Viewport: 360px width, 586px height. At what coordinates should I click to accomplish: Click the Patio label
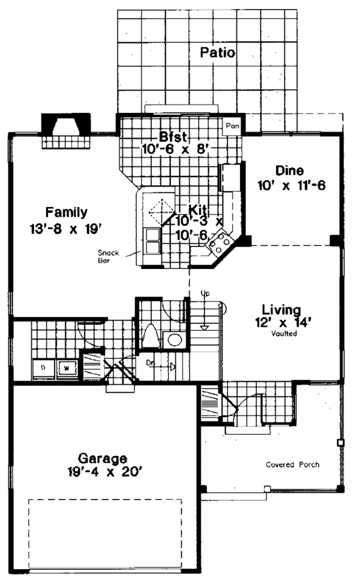point(217,53)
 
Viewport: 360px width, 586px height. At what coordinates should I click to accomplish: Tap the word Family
point(66,212)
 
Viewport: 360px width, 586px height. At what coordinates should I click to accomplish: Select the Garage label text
point(102,456)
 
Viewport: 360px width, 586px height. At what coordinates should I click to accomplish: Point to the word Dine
point(289,170)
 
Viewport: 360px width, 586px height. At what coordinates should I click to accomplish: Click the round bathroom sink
point(175,340)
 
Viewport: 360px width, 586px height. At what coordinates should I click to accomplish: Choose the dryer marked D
point(44,367)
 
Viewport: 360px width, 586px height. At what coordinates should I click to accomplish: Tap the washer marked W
point(68,367)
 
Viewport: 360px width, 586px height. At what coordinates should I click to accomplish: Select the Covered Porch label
point(293,464)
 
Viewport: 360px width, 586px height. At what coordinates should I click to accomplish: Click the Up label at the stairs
point(205,293)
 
